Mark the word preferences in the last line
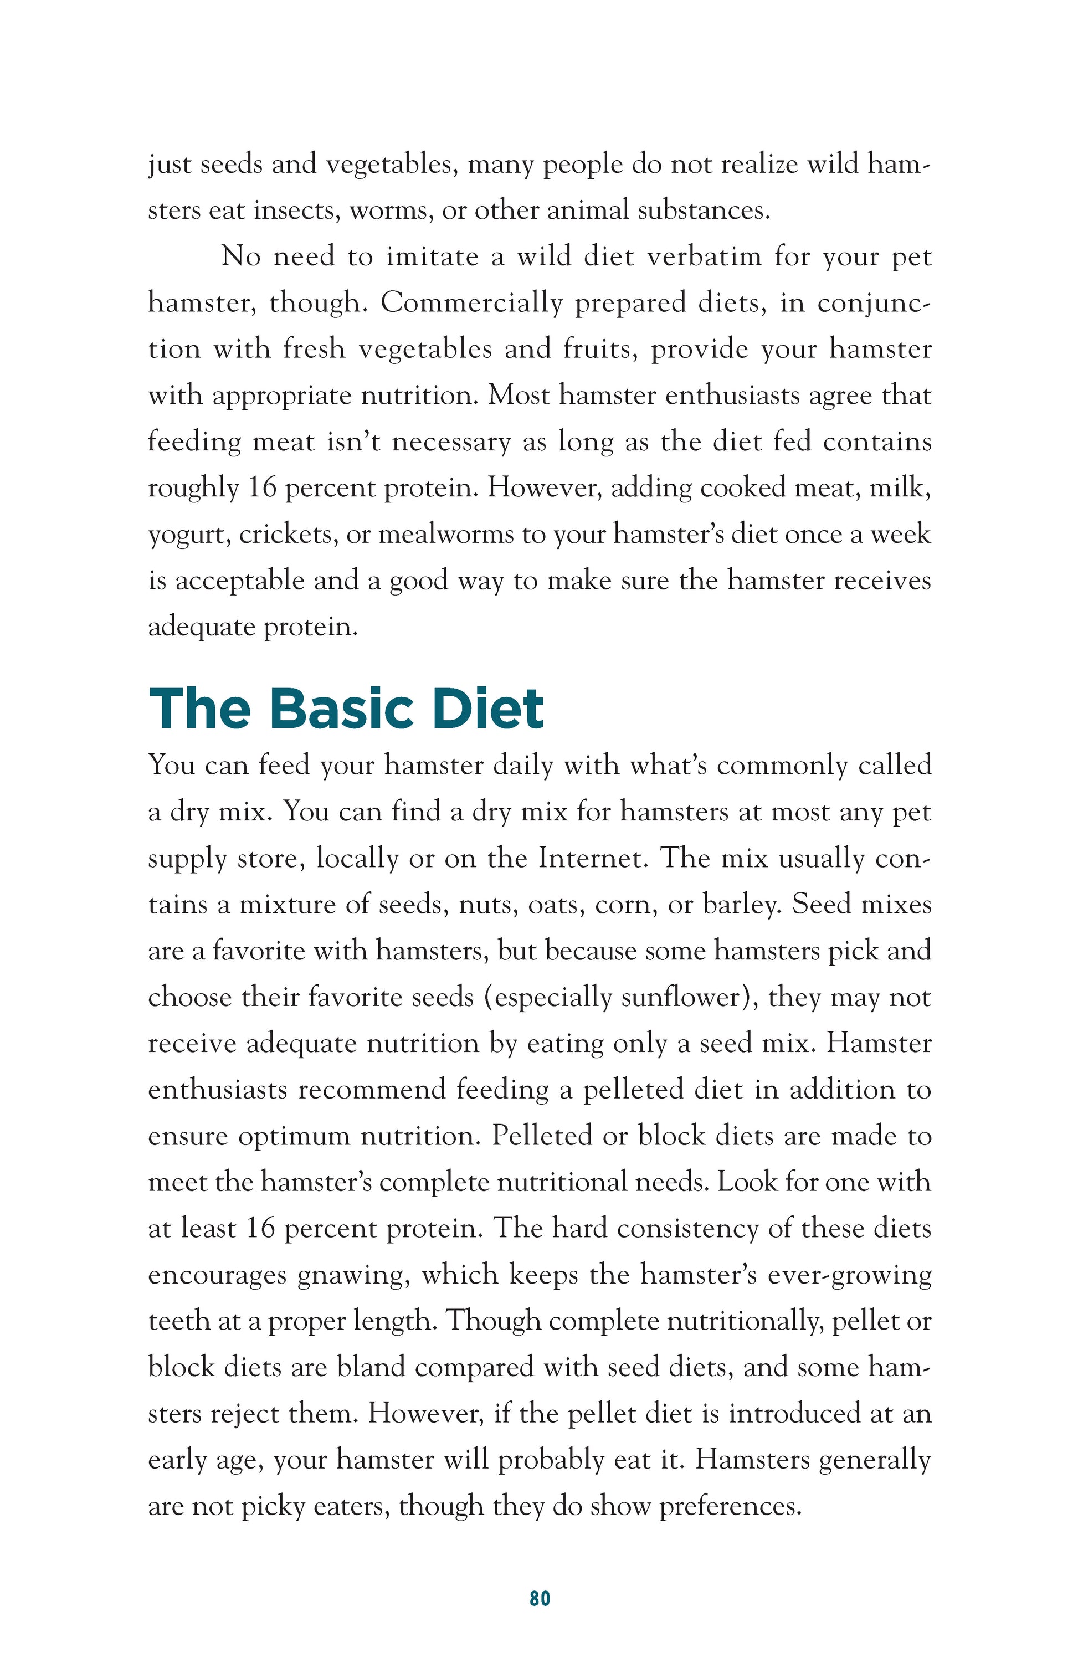(730, 1506)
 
